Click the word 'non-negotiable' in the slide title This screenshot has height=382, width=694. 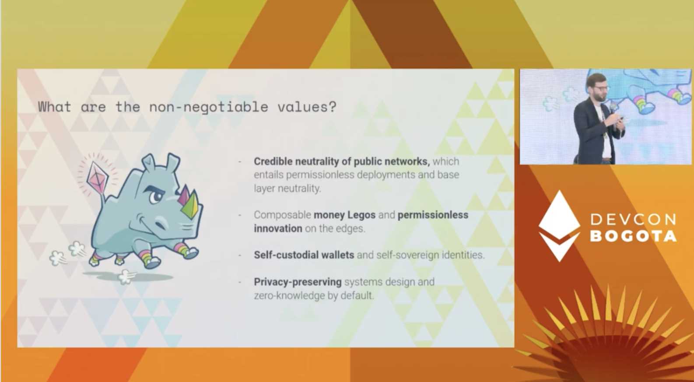coord(209,107)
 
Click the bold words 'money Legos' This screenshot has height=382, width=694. coord(344,215)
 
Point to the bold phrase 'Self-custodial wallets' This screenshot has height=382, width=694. coord(304,255)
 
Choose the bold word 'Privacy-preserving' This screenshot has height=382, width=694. coord(298,282)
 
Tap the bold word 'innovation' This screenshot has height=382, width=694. coord(278,229)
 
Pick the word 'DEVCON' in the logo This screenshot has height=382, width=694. coord(633,219)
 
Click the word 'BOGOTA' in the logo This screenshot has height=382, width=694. coord(633,236)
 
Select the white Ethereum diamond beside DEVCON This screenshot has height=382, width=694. coord(559,226)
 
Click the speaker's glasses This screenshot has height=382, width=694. coord(599,89)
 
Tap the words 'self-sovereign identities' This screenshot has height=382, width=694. coord(430,255)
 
